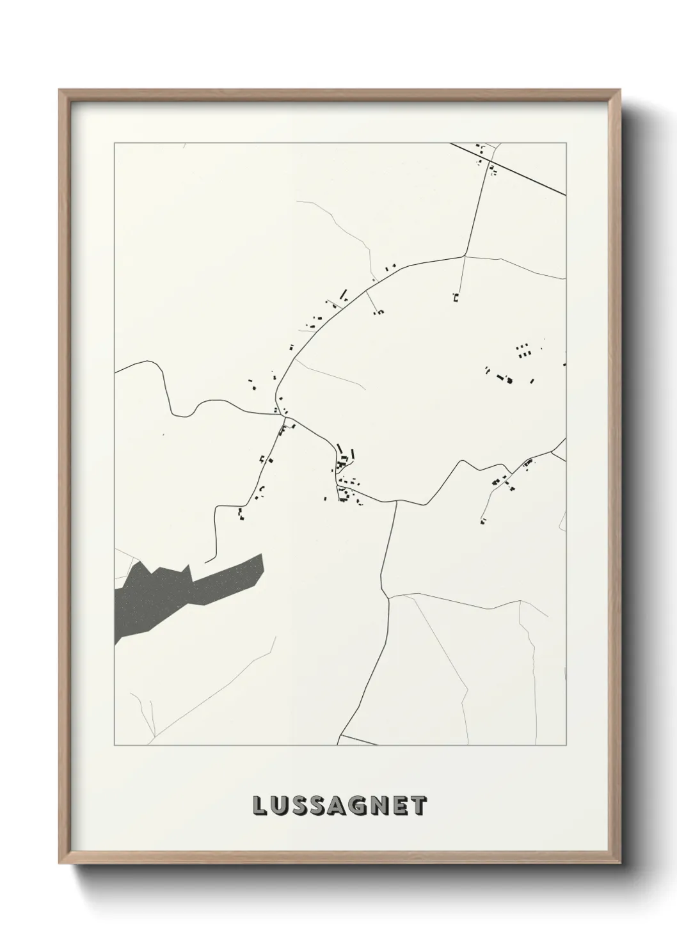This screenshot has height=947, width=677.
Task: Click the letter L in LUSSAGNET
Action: click(260, 806)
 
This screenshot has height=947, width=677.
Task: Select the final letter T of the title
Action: click(418, 806)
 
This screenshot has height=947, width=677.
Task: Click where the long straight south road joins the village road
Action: click(397, 501)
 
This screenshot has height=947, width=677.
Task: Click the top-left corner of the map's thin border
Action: click(115, 143)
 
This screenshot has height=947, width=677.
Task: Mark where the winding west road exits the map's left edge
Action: click(115, 371)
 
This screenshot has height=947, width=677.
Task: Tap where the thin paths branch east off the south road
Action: click(390, 596)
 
